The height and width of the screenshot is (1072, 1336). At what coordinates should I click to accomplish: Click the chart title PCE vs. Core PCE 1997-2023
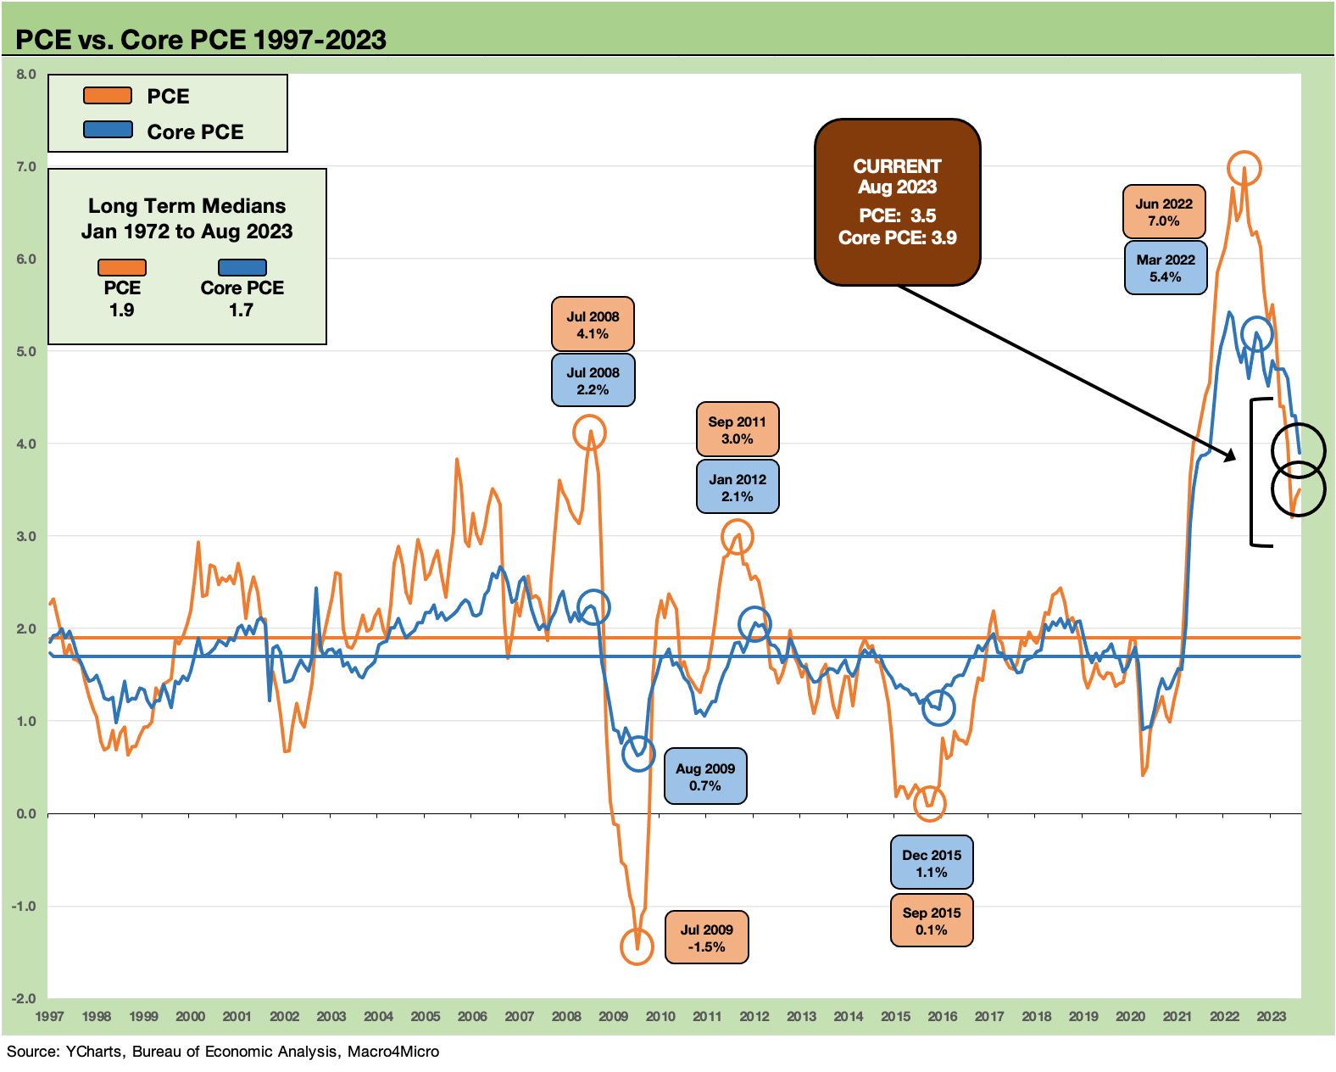coord(201,40)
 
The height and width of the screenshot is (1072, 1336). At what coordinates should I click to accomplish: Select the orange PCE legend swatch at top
coord(108,96)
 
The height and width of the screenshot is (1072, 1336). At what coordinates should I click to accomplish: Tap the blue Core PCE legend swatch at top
coord(108,130)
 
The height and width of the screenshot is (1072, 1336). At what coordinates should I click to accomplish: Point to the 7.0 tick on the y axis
coord(26,167)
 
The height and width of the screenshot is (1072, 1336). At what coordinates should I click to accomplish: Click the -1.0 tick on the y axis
coord(24,906)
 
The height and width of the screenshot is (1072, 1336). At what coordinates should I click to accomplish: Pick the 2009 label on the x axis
coord(613,1016)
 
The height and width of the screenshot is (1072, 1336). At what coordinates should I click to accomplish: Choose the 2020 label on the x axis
coord(1130,1016)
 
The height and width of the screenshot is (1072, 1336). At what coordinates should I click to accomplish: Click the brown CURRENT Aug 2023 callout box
coord(897,202)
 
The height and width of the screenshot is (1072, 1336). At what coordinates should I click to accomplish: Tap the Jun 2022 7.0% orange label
coord(1163,212)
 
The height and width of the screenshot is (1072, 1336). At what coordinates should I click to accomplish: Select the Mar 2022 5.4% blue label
coord(1165,268)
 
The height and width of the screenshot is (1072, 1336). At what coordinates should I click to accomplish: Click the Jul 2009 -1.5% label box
coord(706,938)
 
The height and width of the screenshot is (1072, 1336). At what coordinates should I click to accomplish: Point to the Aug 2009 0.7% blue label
coord(704,777)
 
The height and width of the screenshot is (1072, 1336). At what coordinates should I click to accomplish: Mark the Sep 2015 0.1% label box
coord(931,921)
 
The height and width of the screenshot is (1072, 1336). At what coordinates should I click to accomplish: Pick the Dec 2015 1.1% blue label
coord(931,863)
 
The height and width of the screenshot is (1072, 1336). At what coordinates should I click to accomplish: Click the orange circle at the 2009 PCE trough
coord(637,946)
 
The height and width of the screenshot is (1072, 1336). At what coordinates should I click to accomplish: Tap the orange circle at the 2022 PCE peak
coord(1244,168)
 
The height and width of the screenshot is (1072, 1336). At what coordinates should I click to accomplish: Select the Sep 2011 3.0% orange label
coord(737,430)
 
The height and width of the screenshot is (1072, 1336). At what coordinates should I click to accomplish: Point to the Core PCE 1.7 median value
coord(241,310)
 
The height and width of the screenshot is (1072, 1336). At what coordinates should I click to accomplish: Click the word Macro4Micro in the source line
coord(393,1052)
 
